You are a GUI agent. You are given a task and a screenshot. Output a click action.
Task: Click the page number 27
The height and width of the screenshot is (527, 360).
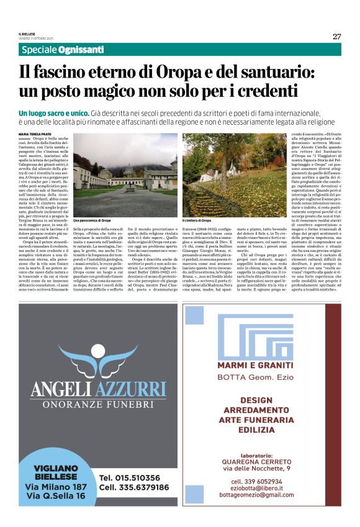pos(337,36)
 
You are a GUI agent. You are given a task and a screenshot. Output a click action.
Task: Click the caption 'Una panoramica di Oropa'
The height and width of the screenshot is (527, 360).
pos(92,220)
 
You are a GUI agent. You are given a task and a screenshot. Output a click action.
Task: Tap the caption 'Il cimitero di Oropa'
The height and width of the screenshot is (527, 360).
pos(199,220)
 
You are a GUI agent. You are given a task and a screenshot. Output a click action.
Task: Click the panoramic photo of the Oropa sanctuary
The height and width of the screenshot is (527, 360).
pos(125,174)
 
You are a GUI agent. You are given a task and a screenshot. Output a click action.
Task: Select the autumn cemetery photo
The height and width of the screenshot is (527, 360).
pos(233,174)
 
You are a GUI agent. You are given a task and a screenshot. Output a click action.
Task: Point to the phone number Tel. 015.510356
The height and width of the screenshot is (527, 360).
pos(129,477)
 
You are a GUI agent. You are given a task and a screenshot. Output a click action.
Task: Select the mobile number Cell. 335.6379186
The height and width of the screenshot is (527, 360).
pos(135,487)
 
